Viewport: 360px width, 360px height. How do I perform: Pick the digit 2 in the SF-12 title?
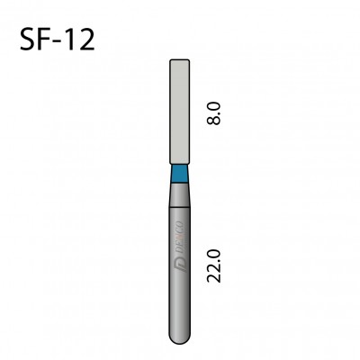tap(87, 39)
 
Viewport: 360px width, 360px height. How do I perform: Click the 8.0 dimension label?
tap(213, 113)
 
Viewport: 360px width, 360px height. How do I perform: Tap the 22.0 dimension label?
tap(213, 265)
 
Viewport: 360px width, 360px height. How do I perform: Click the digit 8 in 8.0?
tap(213, 120)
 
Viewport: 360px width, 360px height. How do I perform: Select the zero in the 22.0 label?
tap(213, 254)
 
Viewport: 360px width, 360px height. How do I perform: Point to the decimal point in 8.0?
tap(220, 113)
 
